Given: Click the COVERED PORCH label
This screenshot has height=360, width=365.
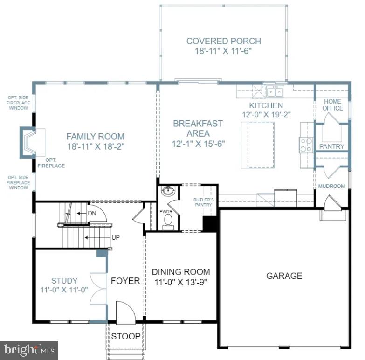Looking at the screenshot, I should pyautogui.click(x=223, y=41).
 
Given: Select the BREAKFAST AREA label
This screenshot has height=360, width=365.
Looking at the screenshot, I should pyautogui.click(x=198, y=128).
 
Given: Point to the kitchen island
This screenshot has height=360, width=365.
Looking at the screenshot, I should pyautogui.click(x=257, y=144).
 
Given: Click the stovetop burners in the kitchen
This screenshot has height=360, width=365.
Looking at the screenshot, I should pyautogui.click(x=306, y=145).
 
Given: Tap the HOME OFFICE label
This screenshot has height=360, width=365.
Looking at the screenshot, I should pyautogui.click(x=332, y=104).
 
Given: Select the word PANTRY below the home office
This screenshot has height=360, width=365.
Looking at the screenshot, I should pyautogui.click(x=332, y=146).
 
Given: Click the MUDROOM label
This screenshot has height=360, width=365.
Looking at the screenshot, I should pyautogui.click(x=331, y=186).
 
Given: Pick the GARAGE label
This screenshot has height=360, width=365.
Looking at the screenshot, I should pyautogui.click(x=284, y=276).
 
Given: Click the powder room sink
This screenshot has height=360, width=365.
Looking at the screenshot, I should pyautogui.click(x=168, y=191).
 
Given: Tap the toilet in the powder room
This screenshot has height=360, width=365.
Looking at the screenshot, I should pyautogui.click(x=168, y=225).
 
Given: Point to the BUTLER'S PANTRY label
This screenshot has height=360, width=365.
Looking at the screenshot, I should pyautogui.click(x=203, y=202).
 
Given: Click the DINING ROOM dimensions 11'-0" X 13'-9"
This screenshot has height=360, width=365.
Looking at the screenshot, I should pyautogui.click(x=181, y=282).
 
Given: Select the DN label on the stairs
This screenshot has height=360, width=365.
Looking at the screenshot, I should pyautogui.click(x=92, y=213).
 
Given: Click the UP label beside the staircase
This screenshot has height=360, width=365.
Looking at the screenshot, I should pyautogui.click(x=116, y=237).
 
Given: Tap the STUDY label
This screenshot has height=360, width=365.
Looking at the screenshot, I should pyautogui.click(x=64, y=281).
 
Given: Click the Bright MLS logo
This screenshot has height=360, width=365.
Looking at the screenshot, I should pyautogui.click(x=29, y=349).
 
